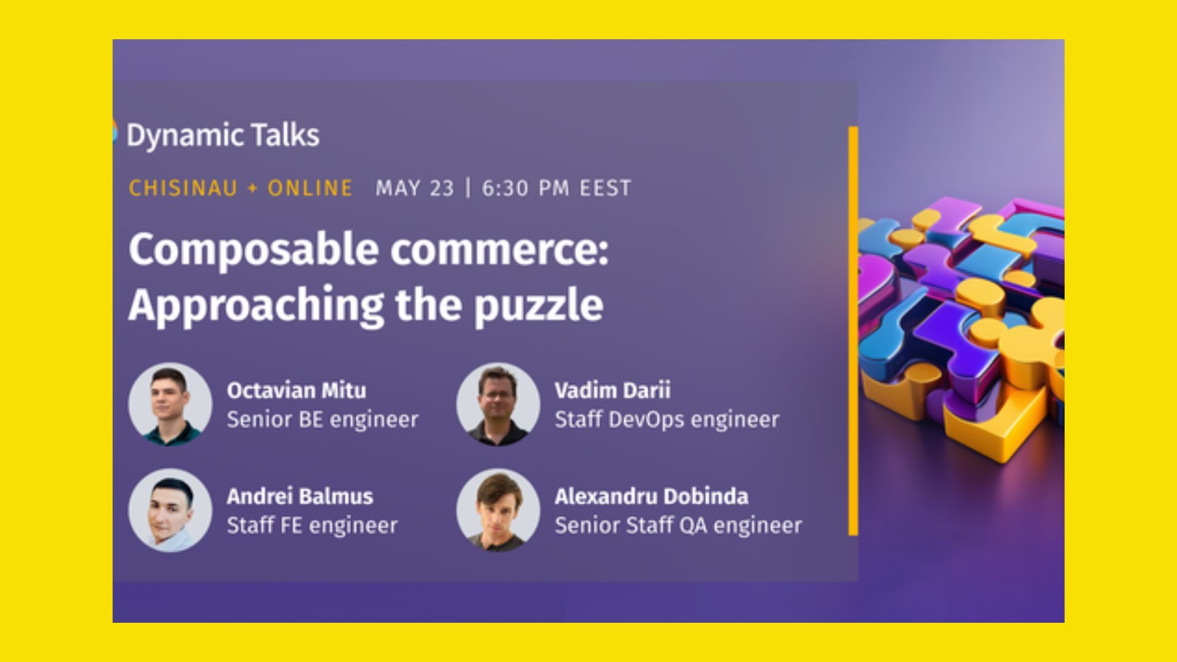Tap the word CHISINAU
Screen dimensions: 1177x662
coord(183,188)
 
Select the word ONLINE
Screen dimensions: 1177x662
coord(310,188)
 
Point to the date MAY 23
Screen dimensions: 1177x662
coord(414,188)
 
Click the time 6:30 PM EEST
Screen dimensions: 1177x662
coord(556,188)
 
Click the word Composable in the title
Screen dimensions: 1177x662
coord(254,251)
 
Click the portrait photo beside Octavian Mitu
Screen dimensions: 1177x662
coord(170,404)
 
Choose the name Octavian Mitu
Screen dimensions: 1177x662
coord(296,390)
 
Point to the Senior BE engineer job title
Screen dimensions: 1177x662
coord(322,420)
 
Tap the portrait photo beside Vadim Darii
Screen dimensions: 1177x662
coord(498,404)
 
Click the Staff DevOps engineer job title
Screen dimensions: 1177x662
coord(667,420)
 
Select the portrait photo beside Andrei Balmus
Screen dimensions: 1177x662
coord(170,510)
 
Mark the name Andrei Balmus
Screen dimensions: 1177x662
coord(300,496)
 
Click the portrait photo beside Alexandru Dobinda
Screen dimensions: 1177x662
coord(498,510)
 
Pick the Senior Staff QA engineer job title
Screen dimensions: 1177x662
coord(678,526)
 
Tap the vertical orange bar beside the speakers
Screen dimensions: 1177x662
coord(853,331)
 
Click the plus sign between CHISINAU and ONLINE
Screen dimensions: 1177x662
coord(253,188)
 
